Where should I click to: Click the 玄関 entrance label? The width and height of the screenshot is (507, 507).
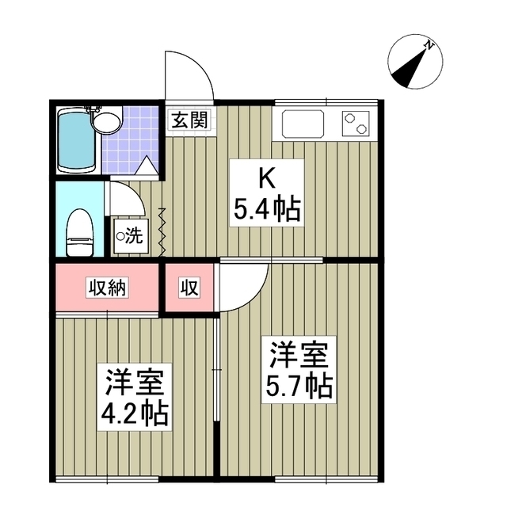click(189, 120)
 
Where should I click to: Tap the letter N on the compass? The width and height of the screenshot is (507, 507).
click(429, 46)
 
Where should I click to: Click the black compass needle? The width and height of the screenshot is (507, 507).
click(409, 69)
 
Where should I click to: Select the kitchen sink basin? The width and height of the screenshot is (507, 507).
click(303, 124)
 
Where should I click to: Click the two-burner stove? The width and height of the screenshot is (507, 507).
click(356, 124)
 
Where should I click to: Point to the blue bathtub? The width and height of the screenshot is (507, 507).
click(76, 141)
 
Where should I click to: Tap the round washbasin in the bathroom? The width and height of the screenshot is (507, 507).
click(107, 121)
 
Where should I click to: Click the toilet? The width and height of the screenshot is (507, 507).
click(80, 232)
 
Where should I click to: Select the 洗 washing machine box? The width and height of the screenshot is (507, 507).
click(131, 236)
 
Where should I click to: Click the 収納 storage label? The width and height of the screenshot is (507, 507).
click(107, 288)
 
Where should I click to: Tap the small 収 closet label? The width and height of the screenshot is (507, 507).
click(189, 288)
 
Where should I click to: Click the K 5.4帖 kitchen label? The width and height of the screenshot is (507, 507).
click(267, 193)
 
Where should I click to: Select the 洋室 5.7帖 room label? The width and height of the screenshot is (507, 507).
click(299, 370)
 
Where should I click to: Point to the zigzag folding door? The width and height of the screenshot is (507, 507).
click(162, 232)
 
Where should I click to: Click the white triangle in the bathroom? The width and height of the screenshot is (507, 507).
click(147, 165)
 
